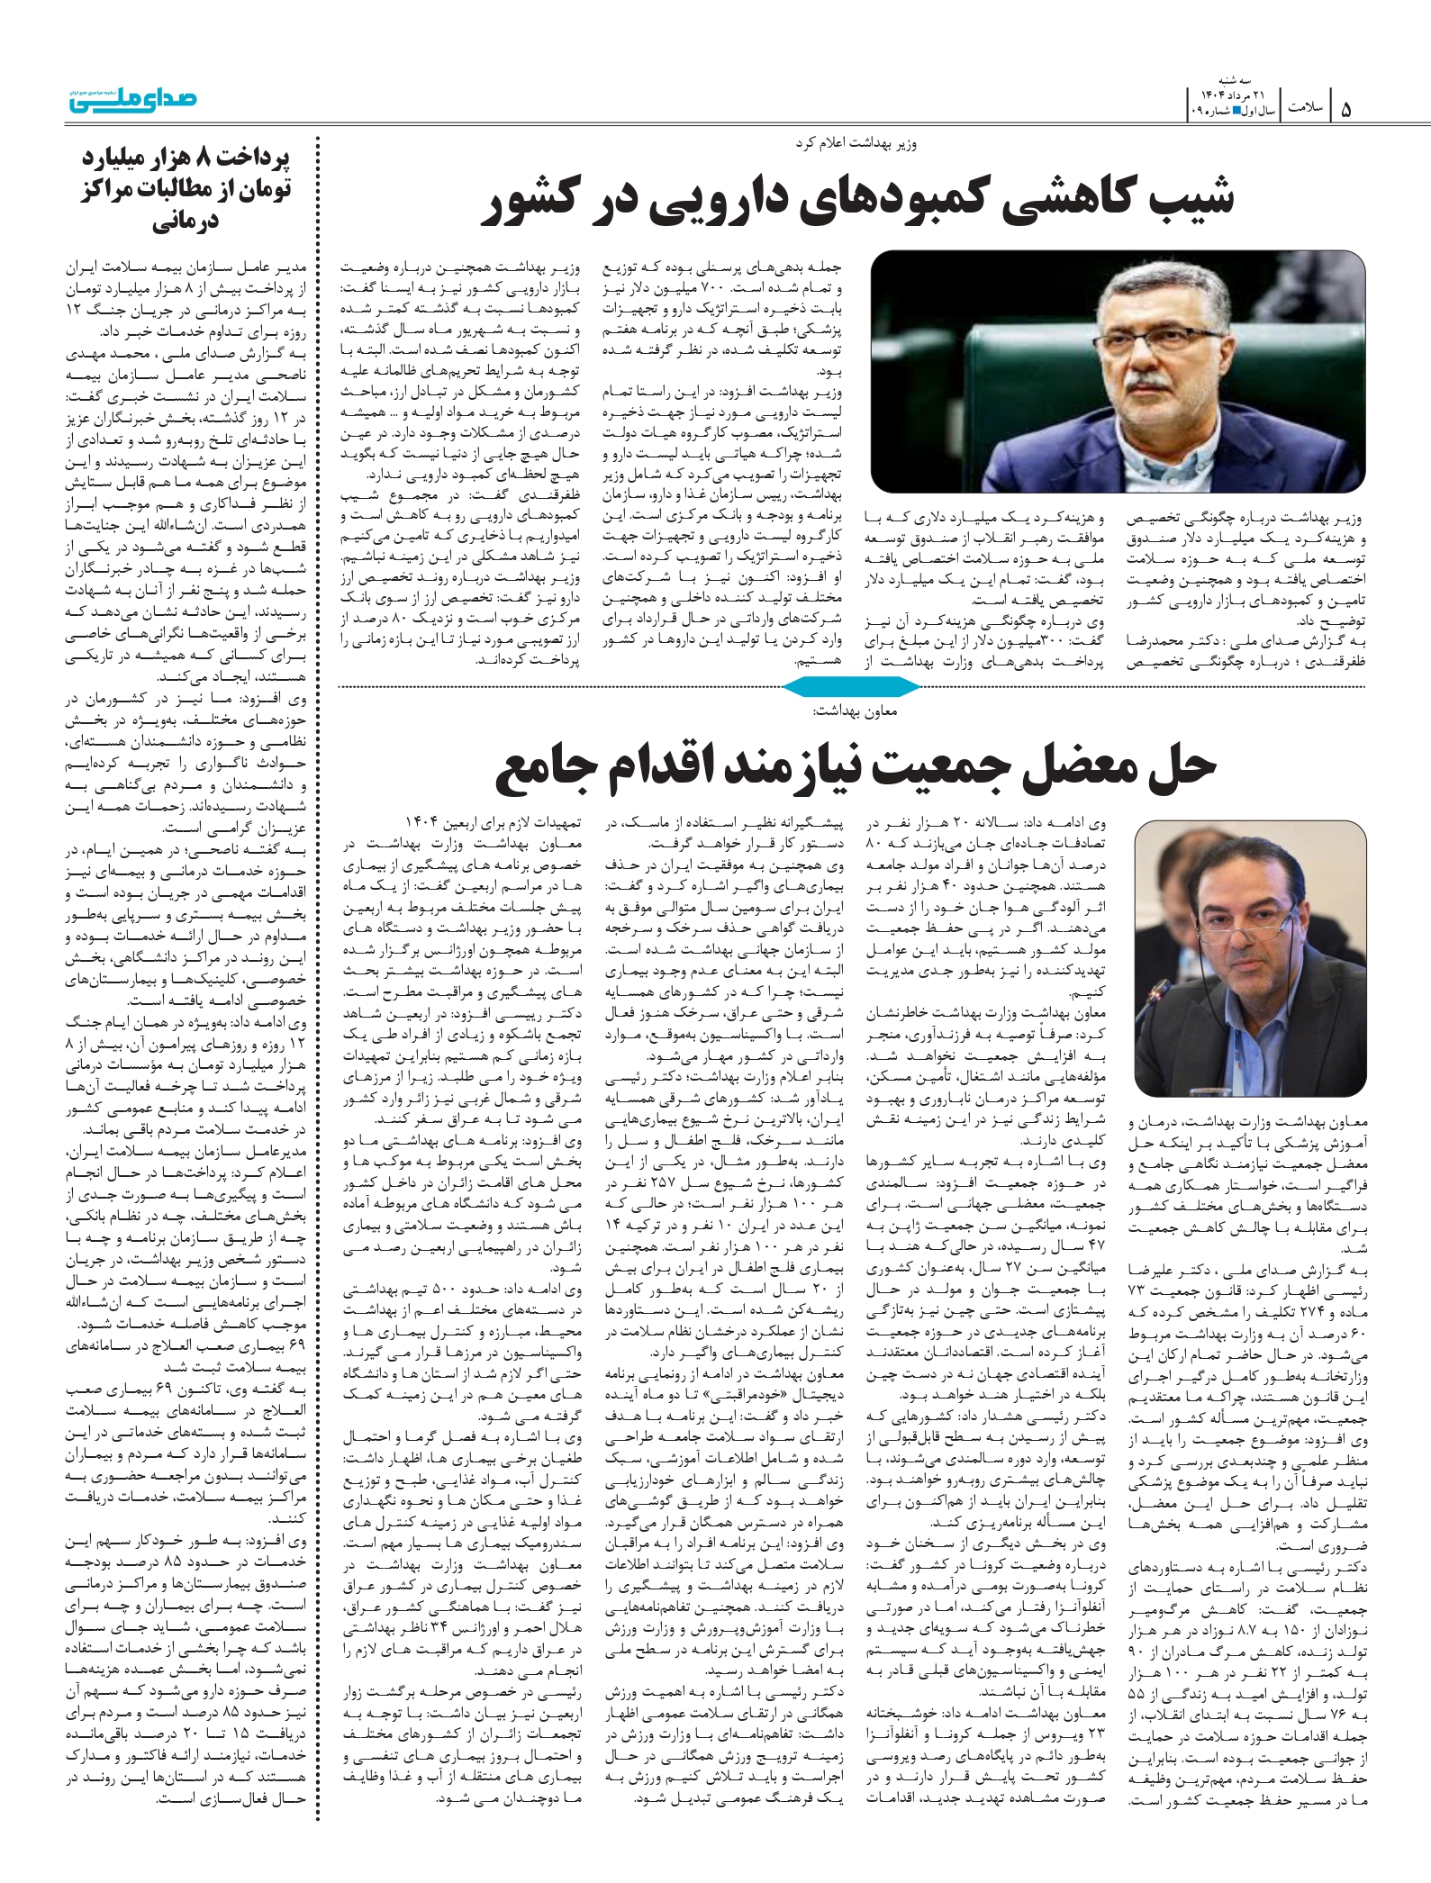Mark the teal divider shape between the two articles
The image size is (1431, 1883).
pyautogui.click(x=851, y=687)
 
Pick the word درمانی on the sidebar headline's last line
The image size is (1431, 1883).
pyautogui.click(x=185, y=222)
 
